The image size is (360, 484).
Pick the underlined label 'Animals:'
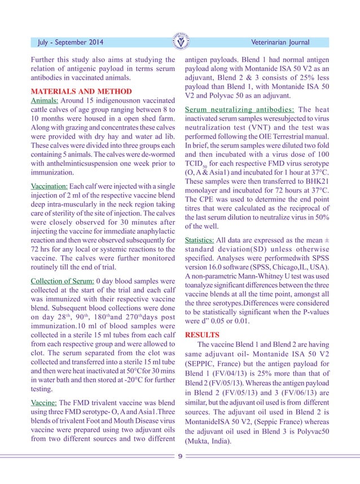pyautogui.click(x=46, y=101)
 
